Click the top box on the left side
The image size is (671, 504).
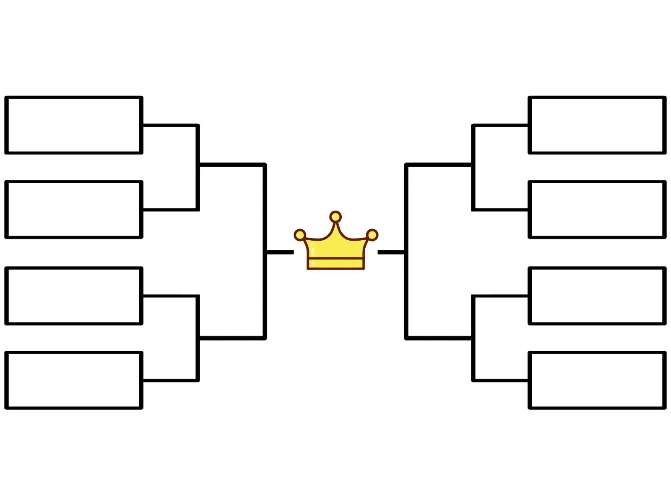(74, 125)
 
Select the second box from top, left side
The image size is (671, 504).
(74, 209)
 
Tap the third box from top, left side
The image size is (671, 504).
(74, 296)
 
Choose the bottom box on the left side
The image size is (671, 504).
(74, 380)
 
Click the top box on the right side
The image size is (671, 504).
(597, 125)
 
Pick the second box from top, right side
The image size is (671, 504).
(597, 209)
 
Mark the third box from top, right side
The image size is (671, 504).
(597, 296)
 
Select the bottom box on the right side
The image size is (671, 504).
(597, 380)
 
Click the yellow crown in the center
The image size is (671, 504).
(335, 248)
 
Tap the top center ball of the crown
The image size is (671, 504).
(335, 217)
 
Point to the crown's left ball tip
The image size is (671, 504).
(300, 235)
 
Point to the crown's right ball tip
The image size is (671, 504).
(372, 235)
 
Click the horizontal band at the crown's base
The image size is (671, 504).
(335, 263)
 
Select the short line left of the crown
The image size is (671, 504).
(280, 252)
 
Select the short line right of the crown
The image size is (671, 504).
(391, 252)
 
